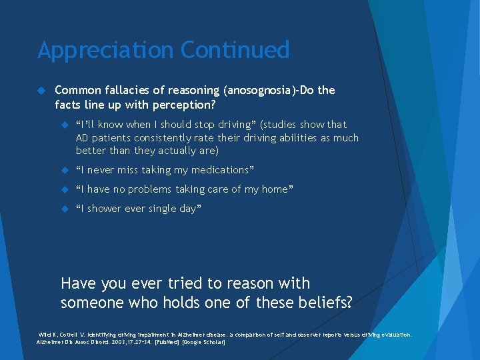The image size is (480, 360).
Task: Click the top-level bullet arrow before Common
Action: [41, 90]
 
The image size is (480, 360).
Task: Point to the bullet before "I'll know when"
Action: [65, 125]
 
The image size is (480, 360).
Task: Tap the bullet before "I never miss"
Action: [65, 170]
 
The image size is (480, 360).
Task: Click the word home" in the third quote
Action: [277, 189]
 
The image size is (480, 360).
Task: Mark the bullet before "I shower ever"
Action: [65, 209]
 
